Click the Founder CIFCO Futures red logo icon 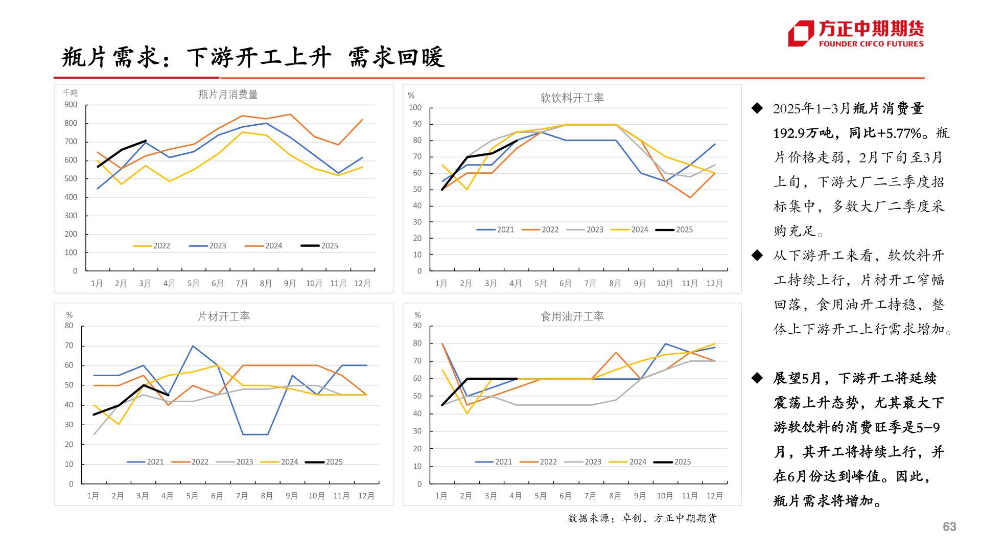[801, 33]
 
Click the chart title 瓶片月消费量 [228, 95]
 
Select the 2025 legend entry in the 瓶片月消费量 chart [320, 246]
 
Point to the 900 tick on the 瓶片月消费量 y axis [71, 105]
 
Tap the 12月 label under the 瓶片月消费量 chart [362, 284]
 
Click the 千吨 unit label [70, 93]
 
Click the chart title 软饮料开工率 [572, 98]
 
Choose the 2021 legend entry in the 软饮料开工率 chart [496, 230]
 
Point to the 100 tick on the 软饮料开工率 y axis [415, 108]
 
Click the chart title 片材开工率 [223, 317]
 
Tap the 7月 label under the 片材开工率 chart [242, 496]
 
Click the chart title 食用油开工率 [572, 317]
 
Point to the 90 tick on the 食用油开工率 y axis [417, 326]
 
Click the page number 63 [949, 527]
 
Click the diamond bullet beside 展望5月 [757, 378]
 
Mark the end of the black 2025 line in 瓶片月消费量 [146, 141]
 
